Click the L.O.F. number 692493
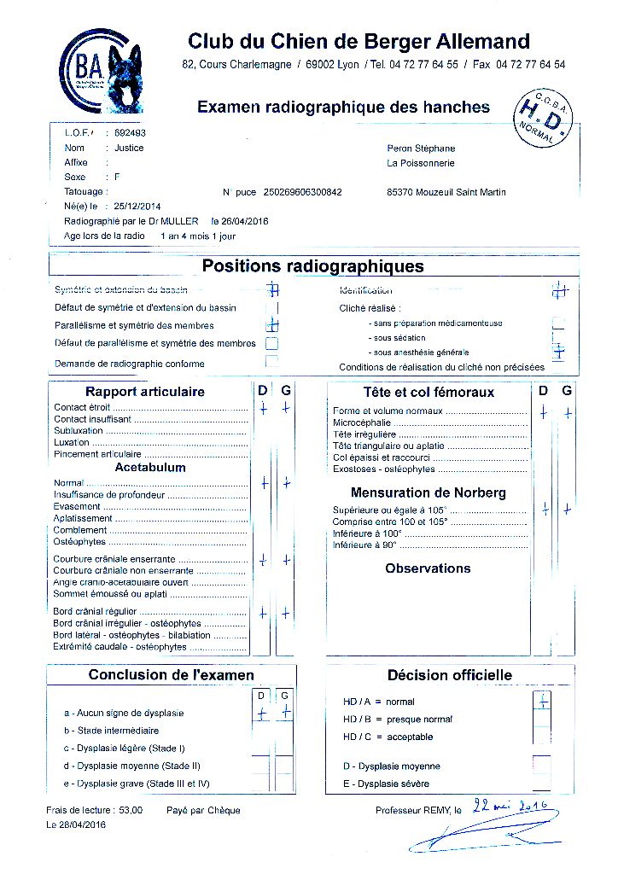pyautogui.click(x=130, y=133)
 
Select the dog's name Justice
pyautogui.click(x=129, y=148)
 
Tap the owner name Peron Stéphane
pyautogui.click(x=421, y=148)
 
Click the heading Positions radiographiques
pyautogui.click(x=312, y=266)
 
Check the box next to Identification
pyautogui.click(x=559, y=290)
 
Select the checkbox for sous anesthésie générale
pyautogui.click(x=559, y=352)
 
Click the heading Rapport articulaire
pyautogui.click(x=145, y=392)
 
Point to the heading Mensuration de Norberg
pyautogui.click(x=428, y=492)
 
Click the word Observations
pyautogui.click(x=428, y=568)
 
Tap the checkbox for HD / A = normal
pyautogui.click(x=541, y=701)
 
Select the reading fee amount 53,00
pyautogui.click(x=131, y=810)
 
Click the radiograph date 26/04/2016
pyautogui.click(x=245, y=221)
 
